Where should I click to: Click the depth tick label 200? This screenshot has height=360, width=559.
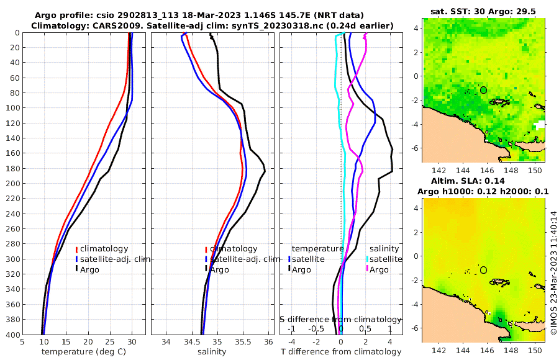pyautogui.click(x=11, y=184)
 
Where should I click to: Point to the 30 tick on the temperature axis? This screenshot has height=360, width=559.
pyautogui.click(x=132, y=342)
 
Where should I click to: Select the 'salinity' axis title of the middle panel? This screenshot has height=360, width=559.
pyautogui.click(x=211, y=352)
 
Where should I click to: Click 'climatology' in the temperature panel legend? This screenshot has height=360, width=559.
pyautogui.click(x=104, y=249)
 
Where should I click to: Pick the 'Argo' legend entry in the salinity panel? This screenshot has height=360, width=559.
pyautogui.click(x=219, y=269)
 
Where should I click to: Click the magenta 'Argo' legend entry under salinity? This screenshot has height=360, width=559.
pyautogui.click(x=379, y=269)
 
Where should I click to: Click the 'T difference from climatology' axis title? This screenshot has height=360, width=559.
pyautogui.click(x=341, y=352)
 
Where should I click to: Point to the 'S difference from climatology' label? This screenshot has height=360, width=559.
pyautogui.click(x=340, y=319)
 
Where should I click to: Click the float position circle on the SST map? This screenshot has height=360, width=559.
pyautogui.click(x=483, y=90)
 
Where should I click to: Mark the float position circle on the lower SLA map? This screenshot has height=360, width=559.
pyautogui.click(x=483, y=270)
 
